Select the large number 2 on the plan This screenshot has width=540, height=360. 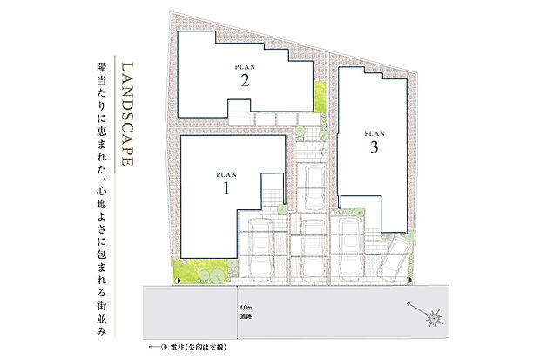246,81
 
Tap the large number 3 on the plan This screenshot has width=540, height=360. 374,147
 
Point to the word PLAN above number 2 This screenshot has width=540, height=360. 246,66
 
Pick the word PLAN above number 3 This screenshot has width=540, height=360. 374,133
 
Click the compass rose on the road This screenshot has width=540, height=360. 431,318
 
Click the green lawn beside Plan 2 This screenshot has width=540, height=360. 319,101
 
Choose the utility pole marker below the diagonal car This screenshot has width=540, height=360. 407,282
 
